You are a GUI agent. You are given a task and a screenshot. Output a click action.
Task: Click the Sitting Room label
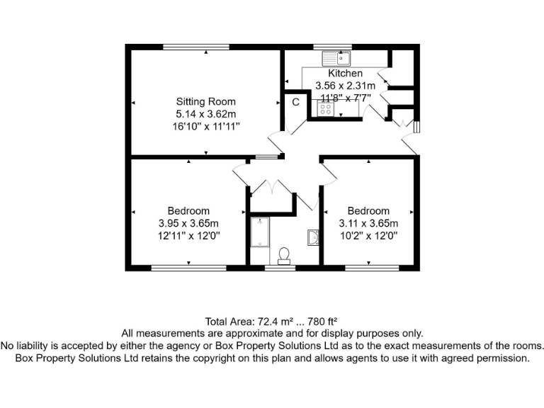pyautogui.click(x=205, y=101)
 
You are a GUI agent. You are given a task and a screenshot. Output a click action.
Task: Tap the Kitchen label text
pyautogui.click(x=345, y=74)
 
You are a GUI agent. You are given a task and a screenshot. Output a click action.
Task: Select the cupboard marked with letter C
pyautogui.click(x=296, y=102)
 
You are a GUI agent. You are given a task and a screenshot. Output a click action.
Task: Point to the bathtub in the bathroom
pyautogui.click(x=260, y=232)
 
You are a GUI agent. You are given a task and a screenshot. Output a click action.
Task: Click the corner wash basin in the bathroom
pyautogui.click(x=312, y=237)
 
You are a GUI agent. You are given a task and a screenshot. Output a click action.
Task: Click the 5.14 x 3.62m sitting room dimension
pyautogui.click(x=205, y=113)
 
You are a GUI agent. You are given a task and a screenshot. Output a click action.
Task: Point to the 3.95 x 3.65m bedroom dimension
pyautogui.click(x=188, y=223)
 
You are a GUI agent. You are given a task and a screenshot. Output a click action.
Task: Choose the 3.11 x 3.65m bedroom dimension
pyautogui.click(x=368, y=223)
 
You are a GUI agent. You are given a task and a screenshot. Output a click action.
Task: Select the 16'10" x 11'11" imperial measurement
pyautogui.click(x=205, y=125)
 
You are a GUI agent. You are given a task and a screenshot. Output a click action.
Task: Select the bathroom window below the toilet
pyautogui.click(x=281, y=268)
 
